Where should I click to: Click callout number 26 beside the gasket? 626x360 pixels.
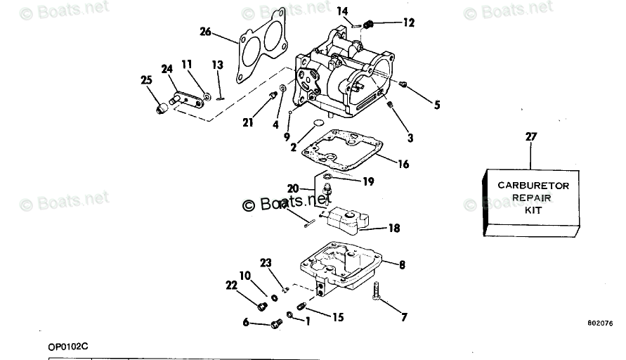[x=205, y=31]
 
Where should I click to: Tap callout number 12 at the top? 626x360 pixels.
[x=408, y=22]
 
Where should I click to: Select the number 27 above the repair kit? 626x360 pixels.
[x=530, y=136]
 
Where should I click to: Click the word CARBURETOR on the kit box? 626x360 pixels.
[x=533, y=186]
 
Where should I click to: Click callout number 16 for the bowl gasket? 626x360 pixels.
[x=403, y=165]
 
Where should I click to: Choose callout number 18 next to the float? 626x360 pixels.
[x=393, y=228]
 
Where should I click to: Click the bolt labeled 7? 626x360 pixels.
[x=377, y=290]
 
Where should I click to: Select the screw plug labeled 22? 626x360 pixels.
[x=262, y=307]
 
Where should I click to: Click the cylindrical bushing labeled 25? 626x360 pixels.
[x=162, y=108]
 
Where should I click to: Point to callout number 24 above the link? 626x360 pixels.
[x=167, y=69]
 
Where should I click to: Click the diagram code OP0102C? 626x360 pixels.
[x=67, y=346]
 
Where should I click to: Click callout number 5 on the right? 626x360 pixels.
[x=437, y=105]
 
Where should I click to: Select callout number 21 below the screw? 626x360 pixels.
[x=248, y=122]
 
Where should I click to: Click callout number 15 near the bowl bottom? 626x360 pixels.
[x=337, y=317]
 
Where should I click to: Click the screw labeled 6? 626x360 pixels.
[x=276, y=323]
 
